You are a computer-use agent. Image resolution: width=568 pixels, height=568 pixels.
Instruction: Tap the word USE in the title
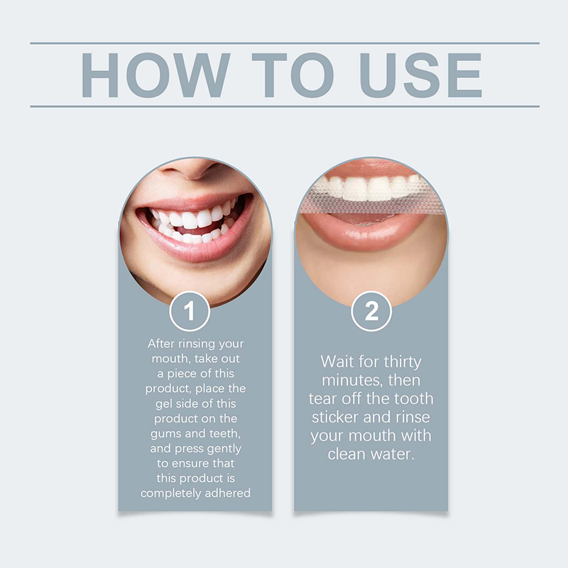coord(420,75)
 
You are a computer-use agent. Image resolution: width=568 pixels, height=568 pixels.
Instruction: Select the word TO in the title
coord(293,75)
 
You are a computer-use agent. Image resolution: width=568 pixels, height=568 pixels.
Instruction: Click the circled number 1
coord(190,311)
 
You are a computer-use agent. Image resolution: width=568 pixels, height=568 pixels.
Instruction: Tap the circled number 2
coord(371,311)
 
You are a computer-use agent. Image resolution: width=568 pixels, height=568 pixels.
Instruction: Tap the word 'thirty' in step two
coord(403,362)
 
